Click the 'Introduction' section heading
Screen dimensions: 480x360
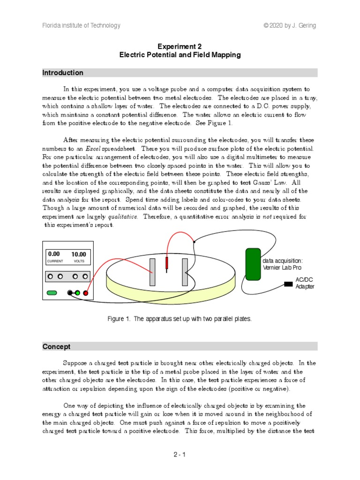[63, 73]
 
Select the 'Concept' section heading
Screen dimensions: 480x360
[56, 346]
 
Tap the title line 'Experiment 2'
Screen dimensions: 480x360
[180, 46]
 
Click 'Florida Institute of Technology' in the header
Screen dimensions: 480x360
[82, 26]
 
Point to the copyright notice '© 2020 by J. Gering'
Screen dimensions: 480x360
[291, 26]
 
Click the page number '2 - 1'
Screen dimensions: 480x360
[180, 454]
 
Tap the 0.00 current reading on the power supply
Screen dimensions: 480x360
[54, 255]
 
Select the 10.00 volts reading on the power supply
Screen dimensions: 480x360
[79, 255]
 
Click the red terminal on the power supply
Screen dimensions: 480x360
[86, 293]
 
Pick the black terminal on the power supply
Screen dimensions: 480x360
[70, 293]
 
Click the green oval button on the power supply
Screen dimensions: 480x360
[52, 293]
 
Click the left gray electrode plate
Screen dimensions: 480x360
[152, 271]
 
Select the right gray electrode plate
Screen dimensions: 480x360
[185, 271]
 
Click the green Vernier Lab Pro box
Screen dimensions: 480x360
[253, 264]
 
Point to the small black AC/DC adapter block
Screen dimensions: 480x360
[288, 284]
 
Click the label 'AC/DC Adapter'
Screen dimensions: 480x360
[305, 283]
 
